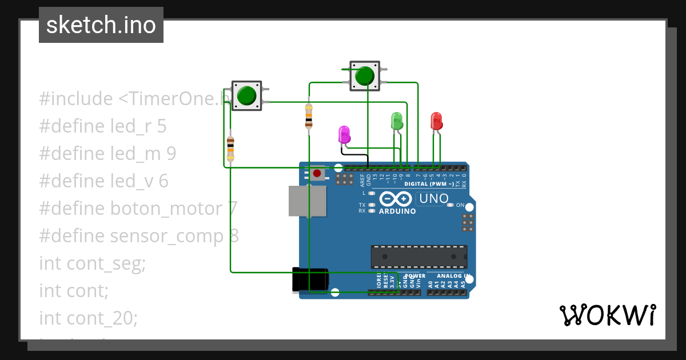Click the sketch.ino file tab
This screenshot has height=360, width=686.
101,25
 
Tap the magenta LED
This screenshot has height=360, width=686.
344,135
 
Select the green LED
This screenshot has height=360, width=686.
397,121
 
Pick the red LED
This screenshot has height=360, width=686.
436,121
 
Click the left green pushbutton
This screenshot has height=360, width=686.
246,95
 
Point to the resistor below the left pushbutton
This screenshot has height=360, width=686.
230,149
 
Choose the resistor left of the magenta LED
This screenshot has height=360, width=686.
309,116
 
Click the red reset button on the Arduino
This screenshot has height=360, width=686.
317,173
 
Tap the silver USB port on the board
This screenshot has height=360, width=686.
308,201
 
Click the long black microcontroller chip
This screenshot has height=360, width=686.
419,257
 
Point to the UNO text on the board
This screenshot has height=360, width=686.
433,199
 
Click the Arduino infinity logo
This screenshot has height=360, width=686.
395,199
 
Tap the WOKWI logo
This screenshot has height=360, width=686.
607,315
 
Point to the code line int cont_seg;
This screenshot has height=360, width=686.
93,263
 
